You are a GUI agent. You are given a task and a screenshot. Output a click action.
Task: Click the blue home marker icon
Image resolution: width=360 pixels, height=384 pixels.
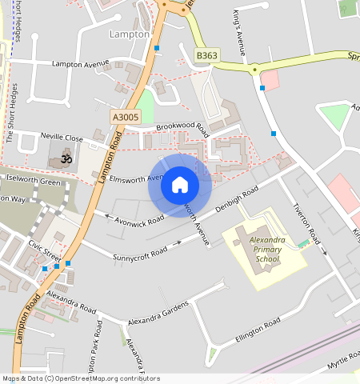click(x=180, y=186)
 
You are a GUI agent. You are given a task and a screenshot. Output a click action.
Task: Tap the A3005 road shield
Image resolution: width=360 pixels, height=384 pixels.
click(x=126, y=117)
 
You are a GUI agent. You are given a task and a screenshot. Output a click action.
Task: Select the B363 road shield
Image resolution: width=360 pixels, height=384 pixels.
click(x=206, y=56)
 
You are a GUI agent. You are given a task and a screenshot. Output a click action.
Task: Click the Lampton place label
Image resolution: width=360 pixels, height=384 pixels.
click(x=128, y=34)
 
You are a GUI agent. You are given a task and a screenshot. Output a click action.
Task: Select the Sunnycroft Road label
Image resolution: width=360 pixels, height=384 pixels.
click(x=140, y=251)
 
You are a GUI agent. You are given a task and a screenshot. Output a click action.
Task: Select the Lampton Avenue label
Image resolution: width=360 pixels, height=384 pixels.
click(x=79, y=63)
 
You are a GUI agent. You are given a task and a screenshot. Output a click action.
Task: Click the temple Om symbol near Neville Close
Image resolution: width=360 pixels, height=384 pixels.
click(x=66, y=160)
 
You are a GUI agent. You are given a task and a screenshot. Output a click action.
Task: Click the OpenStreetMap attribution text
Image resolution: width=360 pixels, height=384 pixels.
click(x=70, y=378)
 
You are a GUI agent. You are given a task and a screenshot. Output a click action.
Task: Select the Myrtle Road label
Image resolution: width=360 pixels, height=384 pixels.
click(x=342, y=366)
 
